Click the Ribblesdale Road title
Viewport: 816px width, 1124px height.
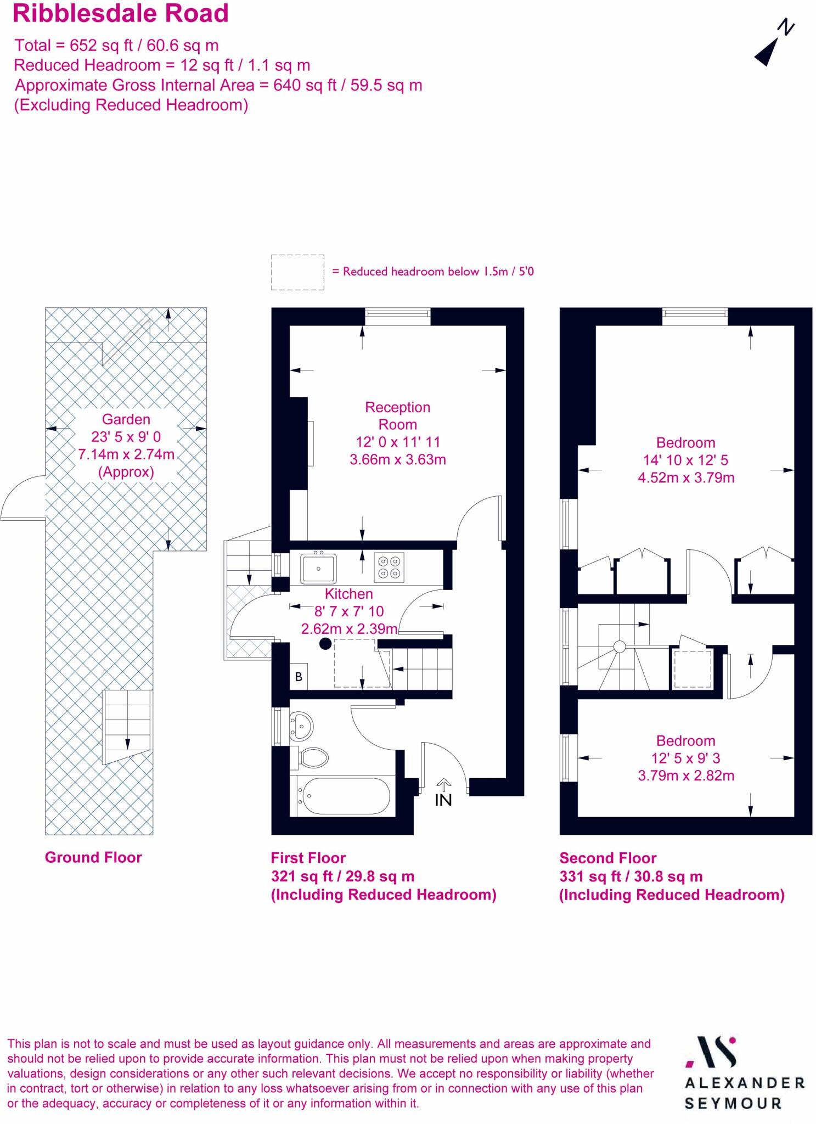(120, 14)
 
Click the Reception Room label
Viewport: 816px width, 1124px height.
(397, 415)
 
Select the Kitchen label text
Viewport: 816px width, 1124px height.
(348, 594)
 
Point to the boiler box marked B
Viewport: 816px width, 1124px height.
(299, 677)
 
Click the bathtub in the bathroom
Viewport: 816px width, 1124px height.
(343, 796)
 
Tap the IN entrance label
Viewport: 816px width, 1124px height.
(443, 800)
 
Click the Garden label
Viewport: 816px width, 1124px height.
(126, 419)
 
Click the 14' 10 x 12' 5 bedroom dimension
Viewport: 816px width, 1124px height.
(685, 460)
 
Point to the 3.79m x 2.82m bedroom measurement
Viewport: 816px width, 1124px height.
(685, 775)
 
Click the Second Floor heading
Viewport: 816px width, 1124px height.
(607, 858)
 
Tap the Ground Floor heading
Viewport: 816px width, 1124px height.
(93, 857)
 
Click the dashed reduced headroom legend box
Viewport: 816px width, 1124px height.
(297, 272)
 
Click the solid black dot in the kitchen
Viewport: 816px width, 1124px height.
(325, 644)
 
